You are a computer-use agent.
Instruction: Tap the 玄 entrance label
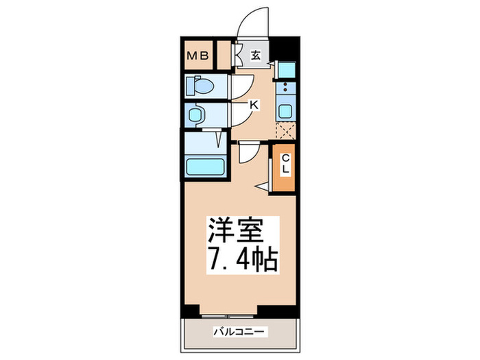coord(255,56)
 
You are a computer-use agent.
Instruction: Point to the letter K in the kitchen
coord(254,104)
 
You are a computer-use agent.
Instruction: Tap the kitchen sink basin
coord(285,111)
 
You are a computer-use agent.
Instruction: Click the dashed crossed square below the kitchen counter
coord(285,131)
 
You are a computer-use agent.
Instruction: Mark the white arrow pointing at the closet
coord(263,185)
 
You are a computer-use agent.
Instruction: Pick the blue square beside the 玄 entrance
coord(286,69)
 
